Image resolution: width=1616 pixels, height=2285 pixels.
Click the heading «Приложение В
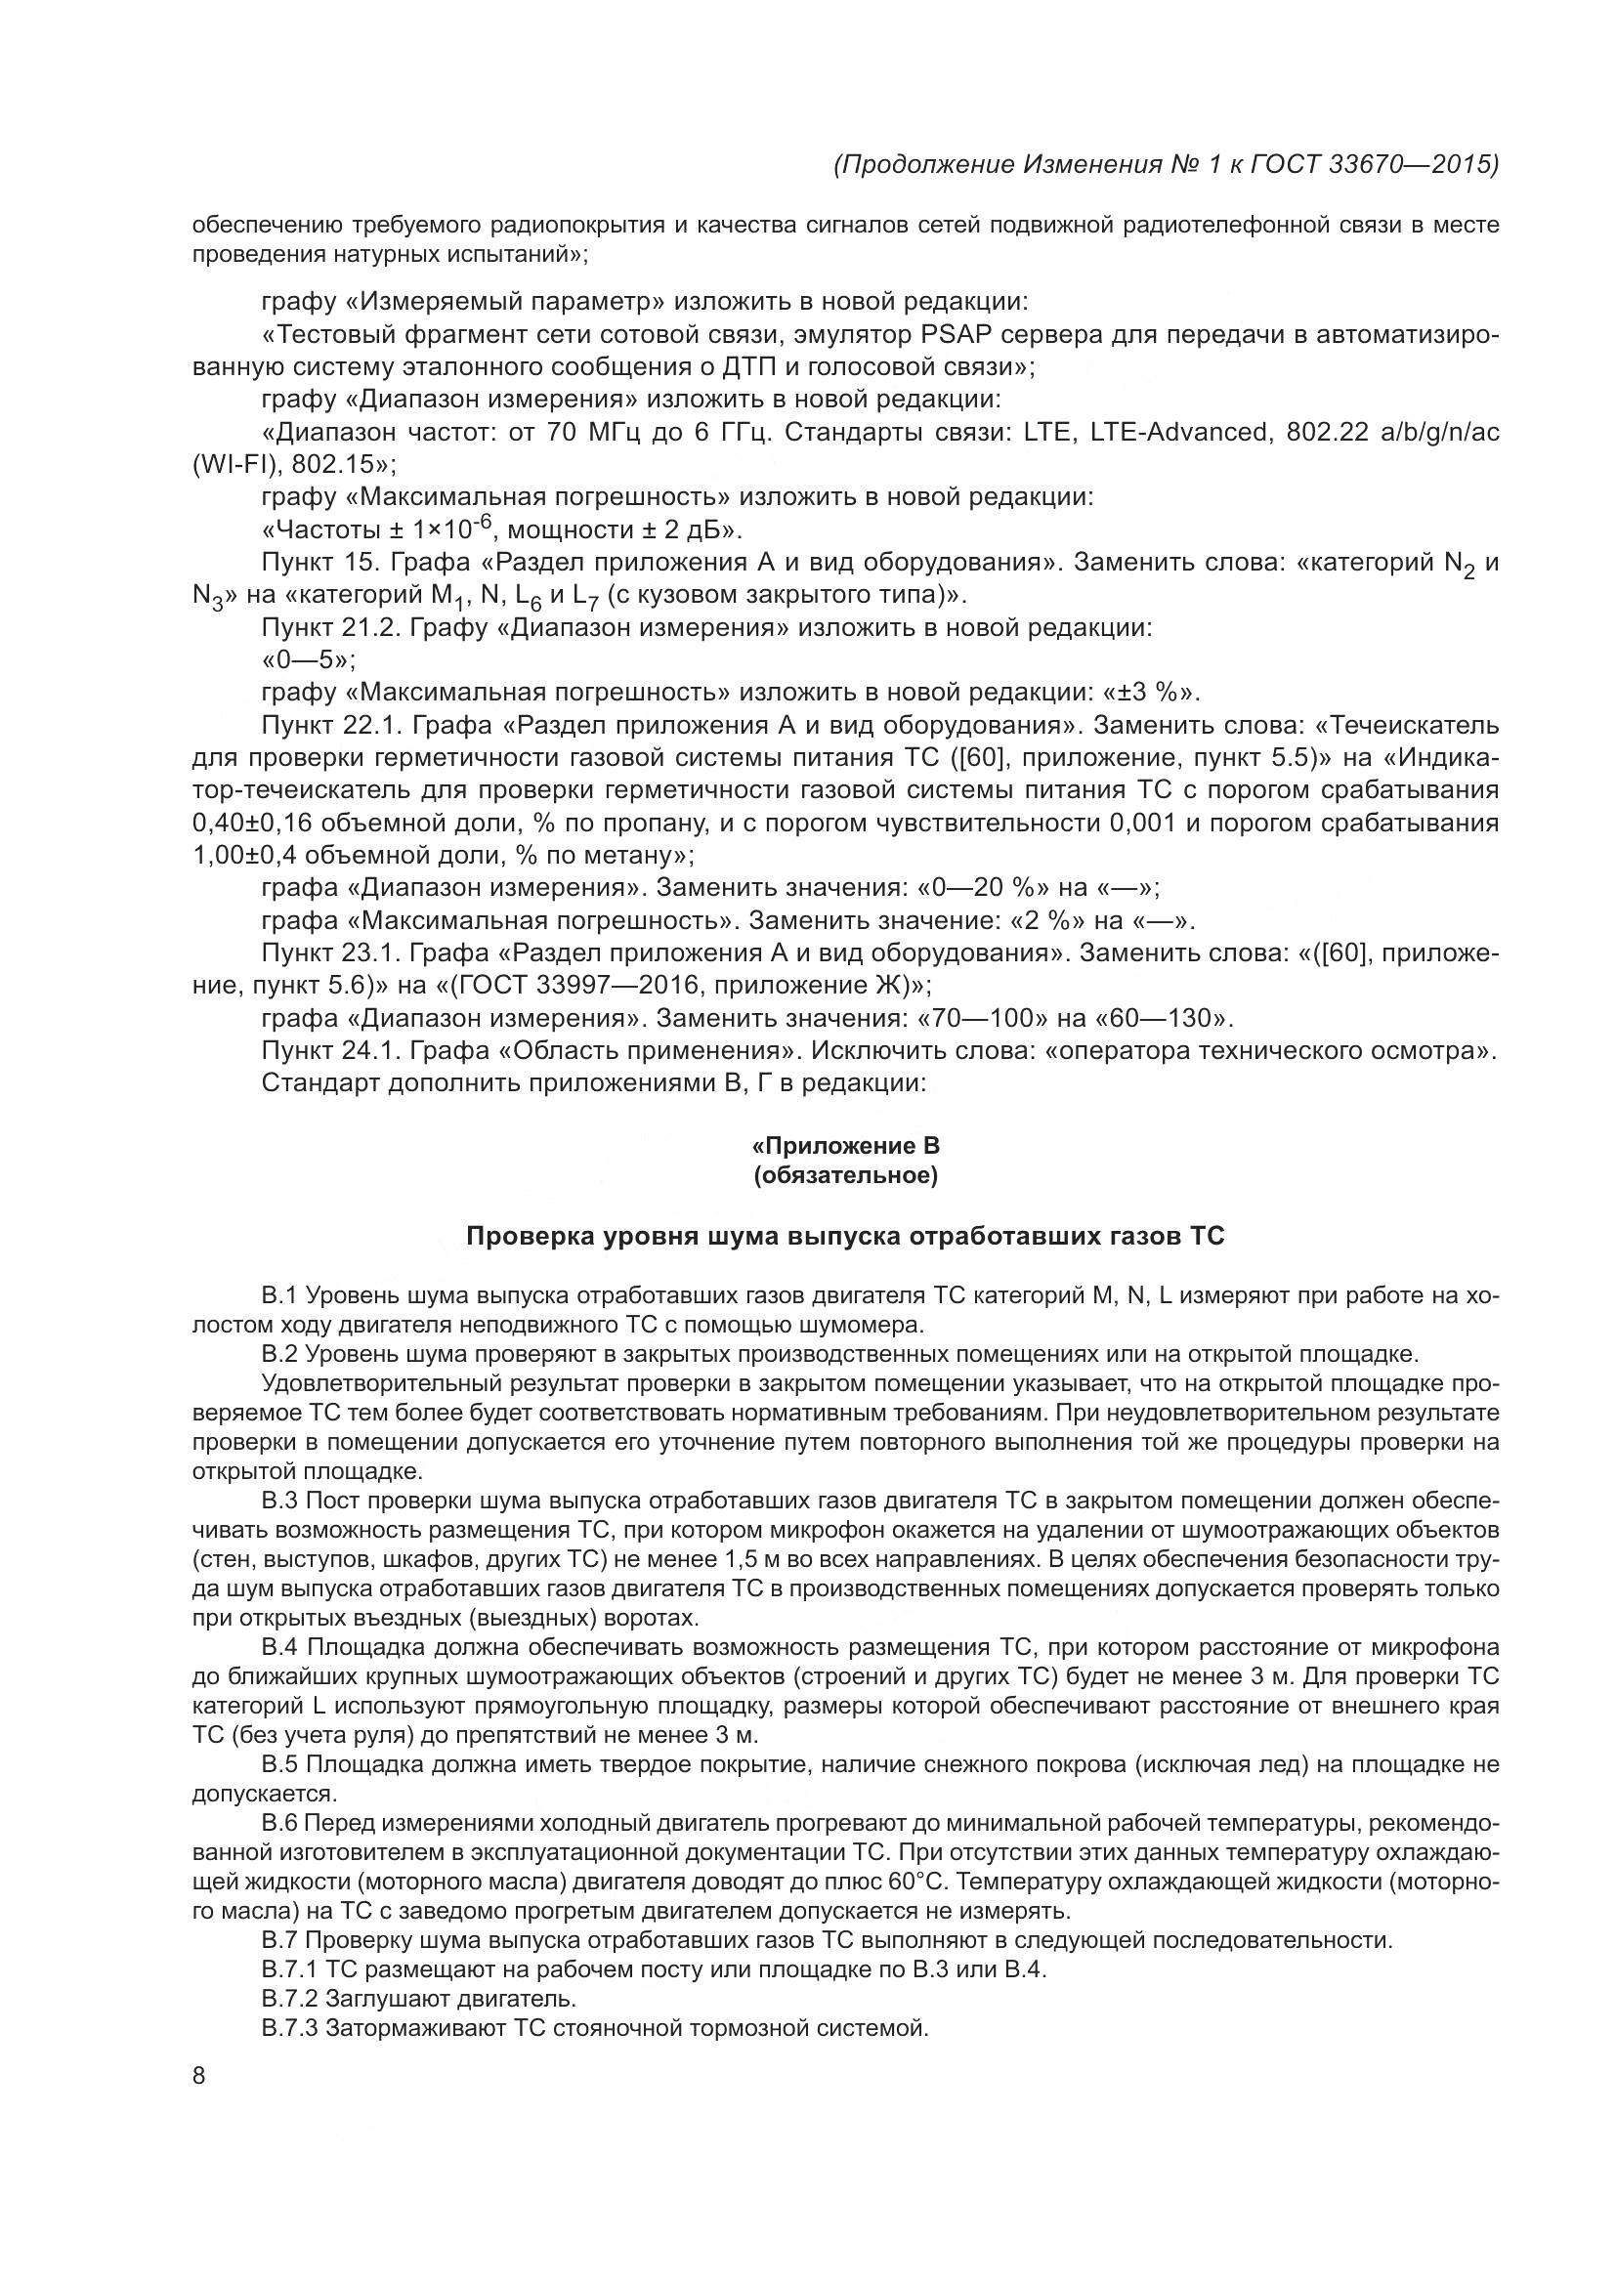coord(845,1146)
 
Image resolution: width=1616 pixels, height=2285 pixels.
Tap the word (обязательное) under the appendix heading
coord(846,1176)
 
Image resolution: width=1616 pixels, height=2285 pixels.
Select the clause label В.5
coord(279,1764)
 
